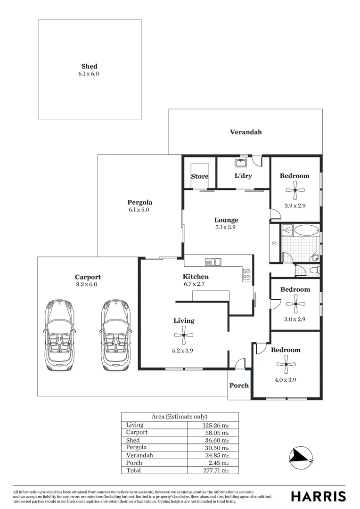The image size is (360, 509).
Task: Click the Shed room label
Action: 89,66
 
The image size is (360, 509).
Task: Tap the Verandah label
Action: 245,132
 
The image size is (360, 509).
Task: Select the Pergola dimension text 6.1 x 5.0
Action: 139,210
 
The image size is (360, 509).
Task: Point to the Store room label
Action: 199,176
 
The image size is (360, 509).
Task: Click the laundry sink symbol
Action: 242,163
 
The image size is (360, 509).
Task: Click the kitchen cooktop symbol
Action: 247,274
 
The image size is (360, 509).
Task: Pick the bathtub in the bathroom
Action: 300,230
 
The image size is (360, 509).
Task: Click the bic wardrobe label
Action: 274,243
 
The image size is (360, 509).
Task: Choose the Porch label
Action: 239,385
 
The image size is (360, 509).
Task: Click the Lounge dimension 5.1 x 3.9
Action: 226,227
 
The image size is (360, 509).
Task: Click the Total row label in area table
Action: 134,470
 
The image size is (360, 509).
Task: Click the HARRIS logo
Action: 318,496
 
